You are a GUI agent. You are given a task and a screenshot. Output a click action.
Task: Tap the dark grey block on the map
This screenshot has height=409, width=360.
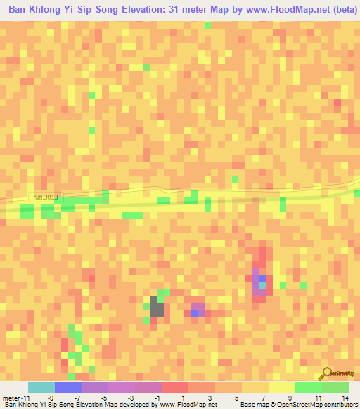click(157, 309)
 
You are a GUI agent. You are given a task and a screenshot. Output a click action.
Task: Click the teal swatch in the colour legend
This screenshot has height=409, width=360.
click(41, 388)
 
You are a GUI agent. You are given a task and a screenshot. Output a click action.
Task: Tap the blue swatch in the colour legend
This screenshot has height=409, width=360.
click(67, 388)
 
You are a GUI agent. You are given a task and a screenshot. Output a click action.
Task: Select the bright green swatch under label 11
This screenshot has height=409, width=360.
click(309, 388)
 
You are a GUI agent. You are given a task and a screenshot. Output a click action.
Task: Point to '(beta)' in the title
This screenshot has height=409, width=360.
click(341, 11)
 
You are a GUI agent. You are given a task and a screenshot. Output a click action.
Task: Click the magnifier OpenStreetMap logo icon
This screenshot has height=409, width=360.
click(326, 374)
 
